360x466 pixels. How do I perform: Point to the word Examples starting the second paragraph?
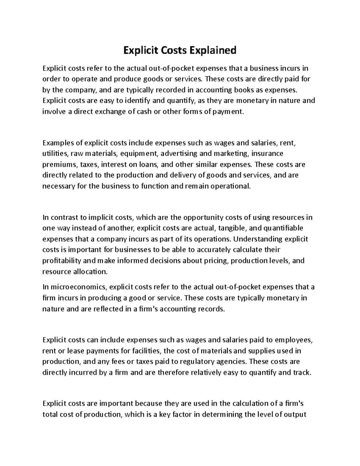tap(58, 143)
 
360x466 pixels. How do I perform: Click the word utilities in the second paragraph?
tap(55, 154)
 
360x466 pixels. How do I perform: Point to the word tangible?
tap(232, 228)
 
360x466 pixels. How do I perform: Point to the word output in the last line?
tap(295, 414)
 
